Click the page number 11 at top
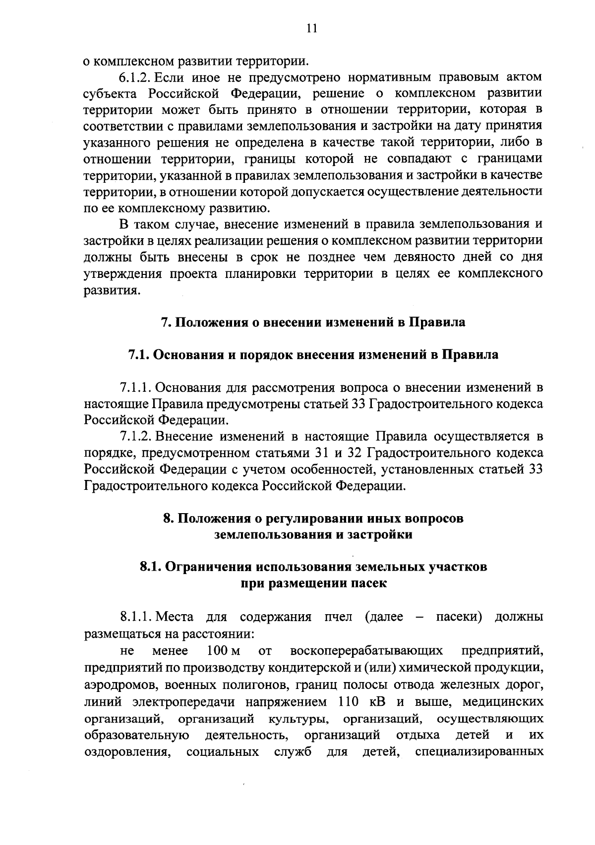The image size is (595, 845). point(311,29)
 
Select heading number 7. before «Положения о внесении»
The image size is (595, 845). point(166,322)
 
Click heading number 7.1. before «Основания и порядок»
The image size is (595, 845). point(138,355)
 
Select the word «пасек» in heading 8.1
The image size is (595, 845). point(369,583)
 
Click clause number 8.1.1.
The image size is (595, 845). point(137,617)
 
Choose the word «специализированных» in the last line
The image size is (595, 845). point(479,752)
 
